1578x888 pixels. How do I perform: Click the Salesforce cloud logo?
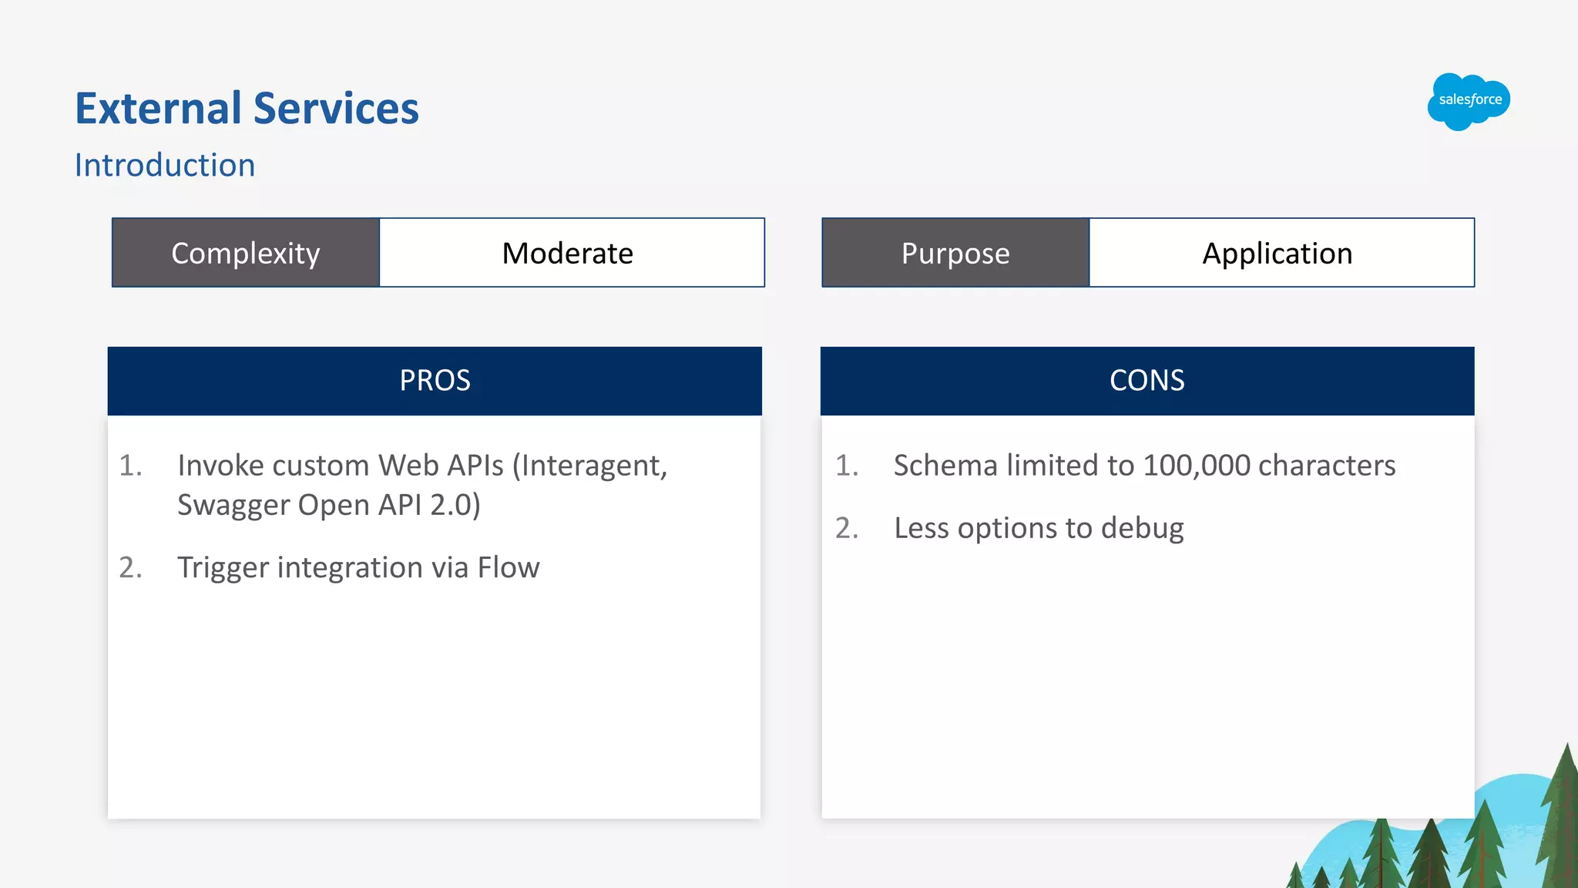click(x=1469, y=101)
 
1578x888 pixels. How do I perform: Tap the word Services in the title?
click(x=336, y=108)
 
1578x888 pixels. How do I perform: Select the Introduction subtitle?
click(x=165, y=165)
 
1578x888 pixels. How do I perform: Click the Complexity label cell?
click(x=246, y=253)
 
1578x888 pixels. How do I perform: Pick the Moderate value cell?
click(x=568, y=253)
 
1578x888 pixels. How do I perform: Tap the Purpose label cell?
click(x=955, y=253)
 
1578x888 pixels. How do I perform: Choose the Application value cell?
click(x=1278, y=253)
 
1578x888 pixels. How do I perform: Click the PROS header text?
click(x=435, y=381)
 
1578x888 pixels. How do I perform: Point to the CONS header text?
click(x=1147, y=381)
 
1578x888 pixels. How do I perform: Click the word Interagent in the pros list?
click(x=589, y=466)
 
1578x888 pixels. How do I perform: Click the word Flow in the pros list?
click(x=509, y=567)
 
